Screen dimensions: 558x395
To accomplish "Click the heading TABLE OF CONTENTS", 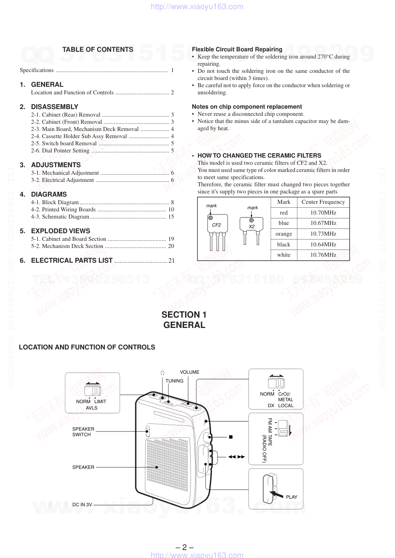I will pyautogui.click(x=98, y=50).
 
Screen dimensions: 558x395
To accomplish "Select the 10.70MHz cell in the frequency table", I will pyautogui.click(x=323, y=213).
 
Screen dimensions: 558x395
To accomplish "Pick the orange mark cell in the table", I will pyautogui.click(x=284, y=234).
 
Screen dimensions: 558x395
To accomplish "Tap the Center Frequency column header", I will pyautogui.click(x=323, y=202).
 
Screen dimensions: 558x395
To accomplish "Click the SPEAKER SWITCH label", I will pyautogui.click(x=83, y=432).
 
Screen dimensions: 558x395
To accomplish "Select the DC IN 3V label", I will pyautogui.click(x=82, y=505).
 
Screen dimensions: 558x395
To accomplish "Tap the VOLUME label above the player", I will pyautogui.click(x=190, y=373).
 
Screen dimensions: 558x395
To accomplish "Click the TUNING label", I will pyautogui.click(x=174, y=381).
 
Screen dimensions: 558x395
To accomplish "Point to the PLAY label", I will pyautogui.click(x=291, y=497).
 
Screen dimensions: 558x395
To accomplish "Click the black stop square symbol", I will pyautogui.click(x=231, y=437).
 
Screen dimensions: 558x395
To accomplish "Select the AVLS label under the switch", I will pyautogui.click(x=92, y=408).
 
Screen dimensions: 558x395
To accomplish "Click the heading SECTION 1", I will pyautogui.click(x=184, y=315).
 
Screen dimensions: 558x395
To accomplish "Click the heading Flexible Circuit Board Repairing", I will pyautogui.click(x=237, y=49).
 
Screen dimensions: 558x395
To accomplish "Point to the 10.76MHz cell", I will pyautogui.click(x=323, y=255).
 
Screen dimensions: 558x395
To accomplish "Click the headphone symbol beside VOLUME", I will pyautogui.click(x=162, y=373).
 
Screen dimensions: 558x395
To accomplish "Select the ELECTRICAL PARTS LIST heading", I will pyautogui.click(x=72, y=261).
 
